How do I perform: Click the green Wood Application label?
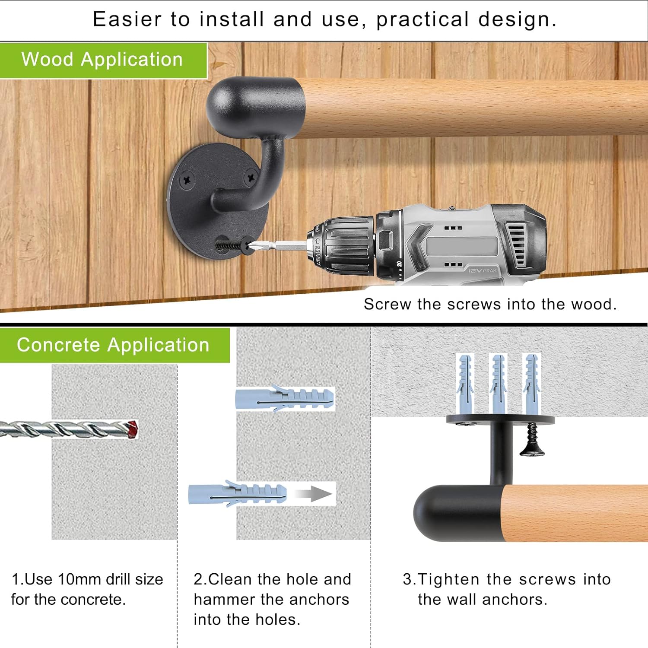tap(103, 60)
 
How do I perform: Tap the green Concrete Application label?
tap(113, 345)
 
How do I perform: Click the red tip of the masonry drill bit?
tap(132, 429)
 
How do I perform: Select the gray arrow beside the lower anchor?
tap(320, 494)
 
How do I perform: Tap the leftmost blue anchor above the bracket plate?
tap(465, 382)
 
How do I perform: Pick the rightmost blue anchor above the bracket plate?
tap(531, 382)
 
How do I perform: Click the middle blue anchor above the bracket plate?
tap(499, 382)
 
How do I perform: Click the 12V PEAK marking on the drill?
tap(483, 270)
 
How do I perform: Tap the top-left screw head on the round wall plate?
tap(187, 179)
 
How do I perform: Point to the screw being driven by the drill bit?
tap(233, 246)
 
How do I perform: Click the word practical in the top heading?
tap(422, 19)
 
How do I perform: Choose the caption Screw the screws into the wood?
tap(490, 304)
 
